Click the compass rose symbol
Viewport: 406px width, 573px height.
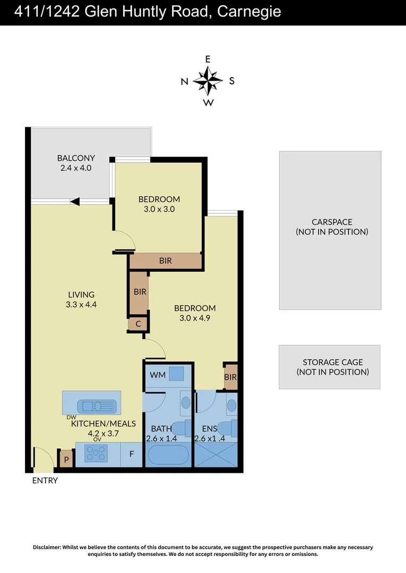(x=208, y=81)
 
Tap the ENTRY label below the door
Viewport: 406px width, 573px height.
(x=45, y=481)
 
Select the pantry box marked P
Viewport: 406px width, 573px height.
(x=66, y=459)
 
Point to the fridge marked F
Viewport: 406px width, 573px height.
(x=131, y=455)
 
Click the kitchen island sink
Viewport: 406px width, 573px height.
(x=96, y=406)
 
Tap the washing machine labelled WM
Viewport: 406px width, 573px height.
(x=177, y=374)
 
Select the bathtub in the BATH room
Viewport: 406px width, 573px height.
(x=167, y=455)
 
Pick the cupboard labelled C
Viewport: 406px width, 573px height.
(x=138, y=324)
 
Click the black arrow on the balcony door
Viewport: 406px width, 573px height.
(x=75, y=201)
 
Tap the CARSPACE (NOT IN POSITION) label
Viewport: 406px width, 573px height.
(x=331, y=227)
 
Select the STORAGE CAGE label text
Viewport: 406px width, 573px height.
(x=332, y=367)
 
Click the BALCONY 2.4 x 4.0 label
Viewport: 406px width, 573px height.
(x=76, y=162)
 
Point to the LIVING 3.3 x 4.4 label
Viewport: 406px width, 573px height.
(x=81, y=299)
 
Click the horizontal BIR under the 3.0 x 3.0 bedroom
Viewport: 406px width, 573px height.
(x=165, y=261)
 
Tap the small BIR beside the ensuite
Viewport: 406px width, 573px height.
(x=230, y=377)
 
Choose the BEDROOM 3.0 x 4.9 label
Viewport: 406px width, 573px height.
(x=195, y=313)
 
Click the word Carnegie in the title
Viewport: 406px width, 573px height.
(x=249, y=12)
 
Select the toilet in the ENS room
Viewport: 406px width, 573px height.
(x=231, y=428)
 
